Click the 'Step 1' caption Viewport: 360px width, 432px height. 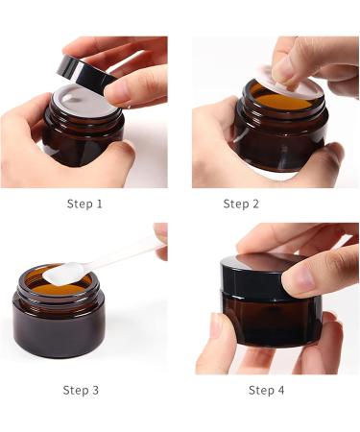pyautogui.click(x=85, y=204)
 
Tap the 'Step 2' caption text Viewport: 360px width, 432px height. pyautogui.click(x=241, y=204)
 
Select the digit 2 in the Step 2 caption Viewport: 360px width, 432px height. pyautogui.click(x=255, y=204)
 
